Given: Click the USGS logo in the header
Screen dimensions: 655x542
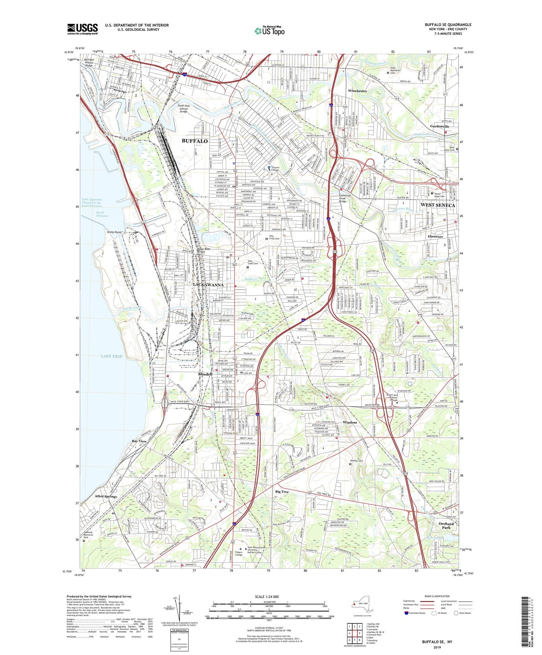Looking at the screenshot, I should point(83,29).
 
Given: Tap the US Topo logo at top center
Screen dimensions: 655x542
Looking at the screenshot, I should point(269,31).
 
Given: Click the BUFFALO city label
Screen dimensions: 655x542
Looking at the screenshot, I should point(194,141).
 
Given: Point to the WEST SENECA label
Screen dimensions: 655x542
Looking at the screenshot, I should point(438,205).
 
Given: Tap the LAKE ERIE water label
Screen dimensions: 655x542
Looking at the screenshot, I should point(112,356).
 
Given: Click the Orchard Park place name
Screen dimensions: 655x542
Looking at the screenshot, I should point(446,526).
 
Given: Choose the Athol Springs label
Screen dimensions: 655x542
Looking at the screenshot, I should point(106,496).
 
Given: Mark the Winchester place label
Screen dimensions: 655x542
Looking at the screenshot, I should point(357,91).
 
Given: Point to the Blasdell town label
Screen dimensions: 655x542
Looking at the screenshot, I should point(205,374).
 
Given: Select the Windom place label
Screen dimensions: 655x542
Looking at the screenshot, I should point(350,422).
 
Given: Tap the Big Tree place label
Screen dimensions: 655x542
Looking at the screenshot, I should point(282,491).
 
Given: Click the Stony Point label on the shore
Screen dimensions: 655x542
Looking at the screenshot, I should point(114,232).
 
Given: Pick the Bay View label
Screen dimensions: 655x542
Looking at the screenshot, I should point(139,441).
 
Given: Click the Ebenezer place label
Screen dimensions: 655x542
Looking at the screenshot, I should point(435,237).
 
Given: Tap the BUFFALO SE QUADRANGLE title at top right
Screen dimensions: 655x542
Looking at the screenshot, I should point(448,25).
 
